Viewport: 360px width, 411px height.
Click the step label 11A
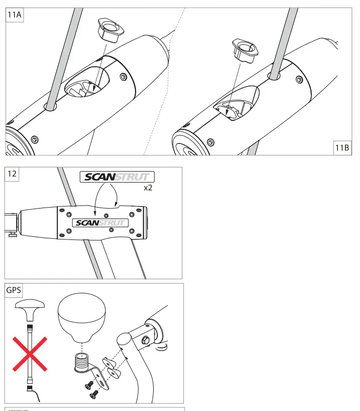(x=15, y=15)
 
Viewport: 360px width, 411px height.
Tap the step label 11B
(x=342, y=148)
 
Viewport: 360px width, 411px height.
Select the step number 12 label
(x=12, y=175)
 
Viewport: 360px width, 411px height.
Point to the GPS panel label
(x=14, y=290)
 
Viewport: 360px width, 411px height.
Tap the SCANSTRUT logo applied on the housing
(x=100, y=223)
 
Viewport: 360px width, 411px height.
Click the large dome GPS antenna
(x=82, y=315)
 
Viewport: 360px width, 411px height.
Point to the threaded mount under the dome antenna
(x=82, y=360)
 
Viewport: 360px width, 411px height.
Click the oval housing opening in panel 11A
(x=88, y=84)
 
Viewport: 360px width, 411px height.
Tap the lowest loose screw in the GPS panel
(x=95, y=395)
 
